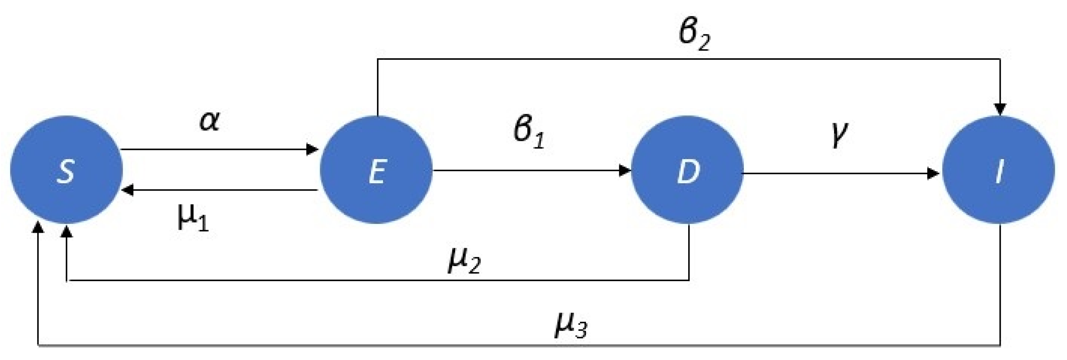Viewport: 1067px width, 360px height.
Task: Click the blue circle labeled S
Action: (66, 169)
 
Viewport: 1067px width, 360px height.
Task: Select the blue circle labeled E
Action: (376, 169)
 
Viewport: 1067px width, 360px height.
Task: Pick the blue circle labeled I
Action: (998, 169)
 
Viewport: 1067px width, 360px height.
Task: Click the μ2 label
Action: (464, 262)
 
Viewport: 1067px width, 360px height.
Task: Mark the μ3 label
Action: (571, 326)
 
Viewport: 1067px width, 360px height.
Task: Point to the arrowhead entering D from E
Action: (624, 170)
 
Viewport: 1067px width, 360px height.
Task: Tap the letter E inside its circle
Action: (376, 172)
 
